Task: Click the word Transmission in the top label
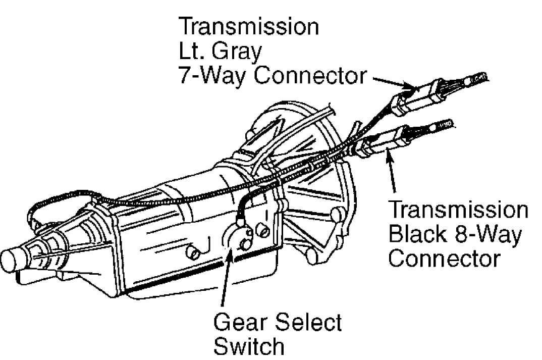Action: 249,26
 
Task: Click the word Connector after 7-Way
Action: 310,75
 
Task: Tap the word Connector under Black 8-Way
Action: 445,258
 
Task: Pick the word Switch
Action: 249,345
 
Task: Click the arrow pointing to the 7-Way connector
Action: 393,82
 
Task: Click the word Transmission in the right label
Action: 458,210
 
